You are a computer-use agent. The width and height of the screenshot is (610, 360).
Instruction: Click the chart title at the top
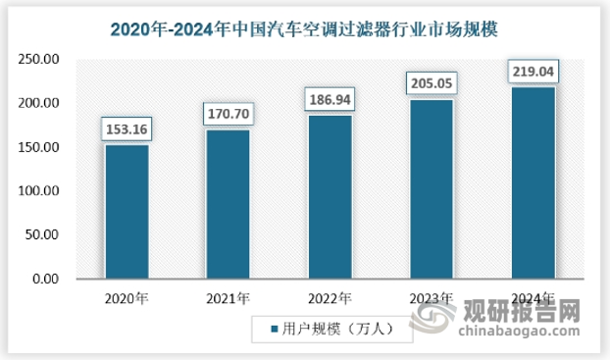point(305,24)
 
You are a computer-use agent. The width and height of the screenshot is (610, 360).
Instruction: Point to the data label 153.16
point(127,129)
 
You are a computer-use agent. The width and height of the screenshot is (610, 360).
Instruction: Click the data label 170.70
point(228,114)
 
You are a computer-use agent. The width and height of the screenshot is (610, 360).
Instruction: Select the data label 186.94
point(329,99)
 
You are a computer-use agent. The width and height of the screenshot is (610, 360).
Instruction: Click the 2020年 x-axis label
point(127,298)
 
